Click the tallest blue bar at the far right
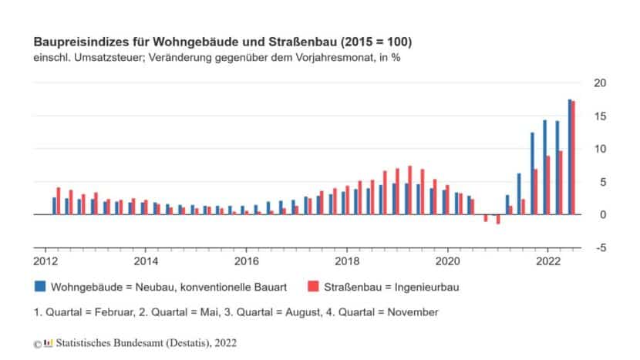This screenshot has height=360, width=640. point(570,156)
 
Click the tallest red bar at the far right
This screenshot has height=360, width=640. point(574,158)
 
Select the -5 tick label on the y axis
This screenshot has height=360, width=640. point(600,247)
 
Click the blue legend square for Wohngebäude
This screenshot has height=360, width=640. point(39,287)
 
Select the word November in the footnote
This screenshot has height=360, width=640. point(415,312)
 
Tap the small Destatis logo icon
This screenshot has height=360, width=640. point(49,341)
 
